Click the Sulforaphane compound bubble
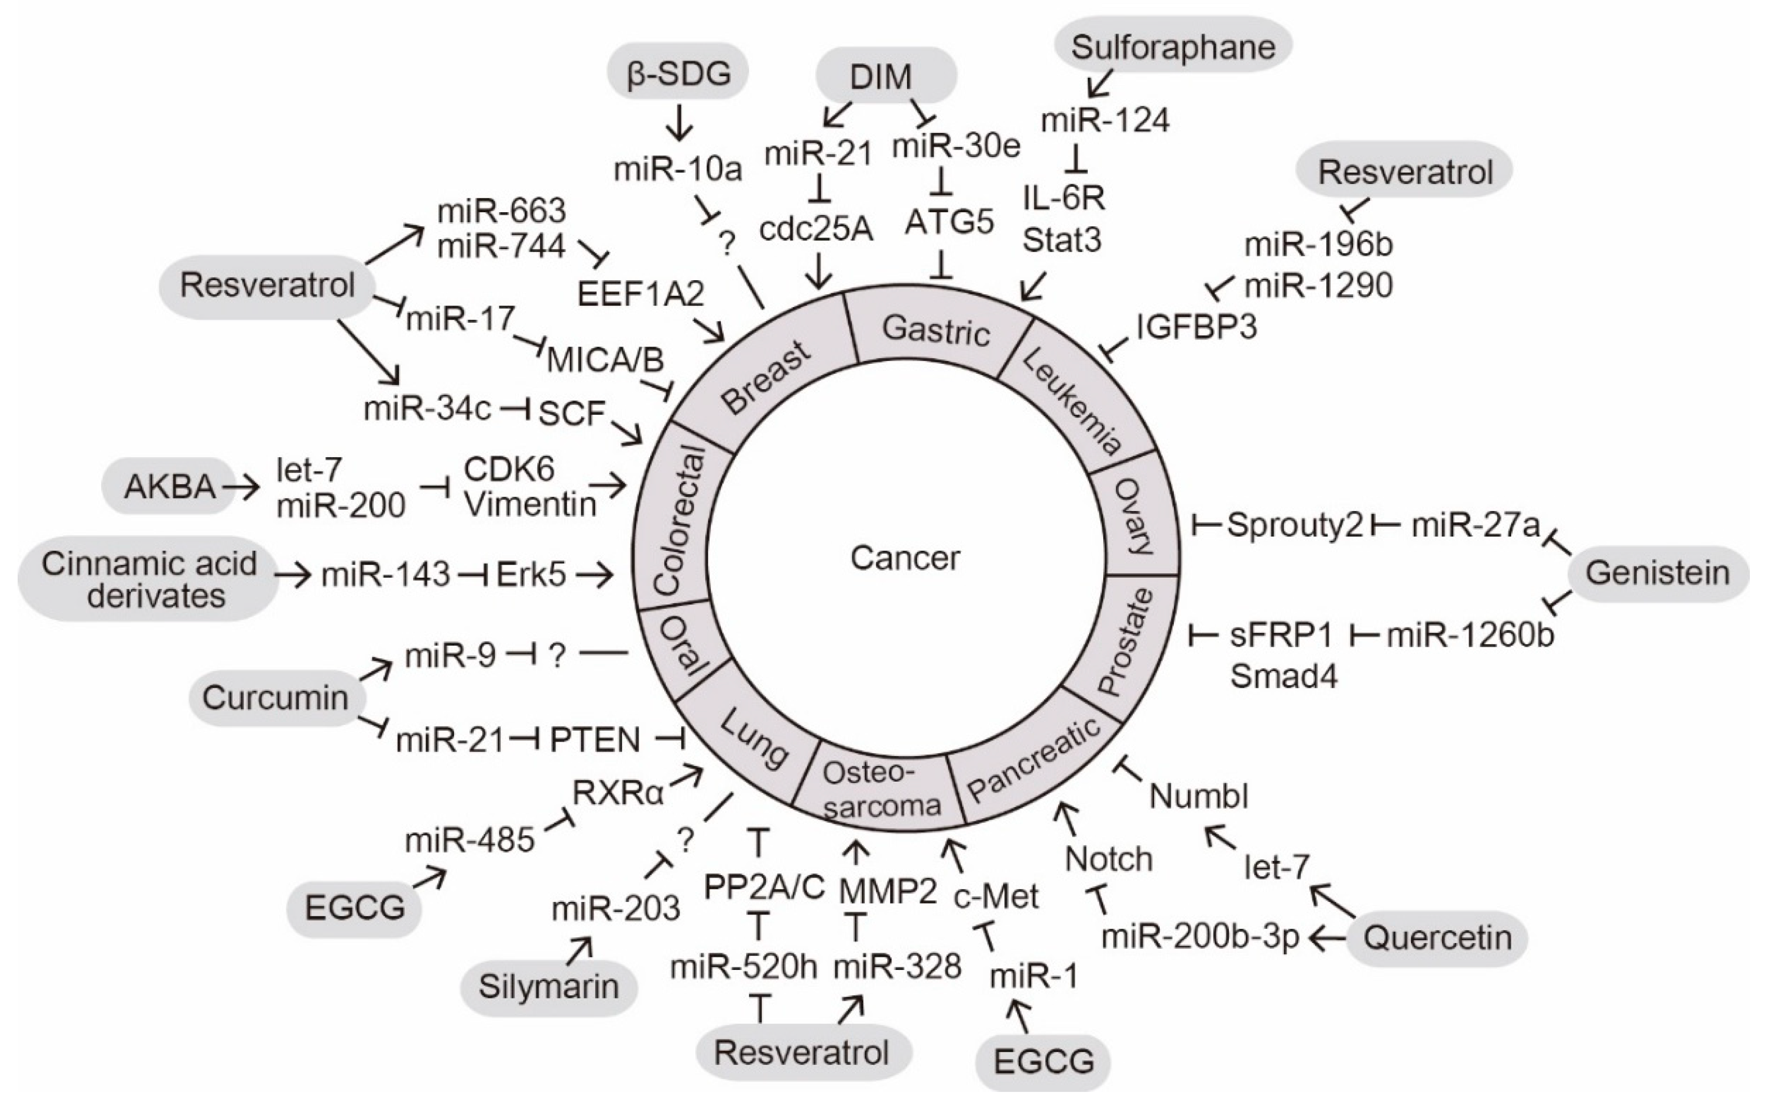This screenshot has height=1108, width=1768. coord(1172,47)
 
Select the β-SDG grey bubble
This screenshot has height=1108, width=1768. coord(678,73)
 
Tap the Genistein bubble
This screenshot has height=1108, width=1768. coord(1657,573)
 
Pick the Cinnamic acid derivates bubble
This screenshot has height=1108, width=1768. coord(149,580)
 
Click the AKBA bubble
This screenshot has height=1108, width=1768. coord(169,486)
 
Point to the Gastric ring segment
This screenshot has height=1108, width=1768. coord(936,329)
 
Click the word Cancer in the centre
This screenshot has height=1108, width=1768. coord(905,558)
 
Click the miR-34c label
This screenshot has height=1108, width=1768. coord(427,409)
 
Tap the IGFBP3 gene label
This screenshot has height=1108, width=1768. coord(1197,326)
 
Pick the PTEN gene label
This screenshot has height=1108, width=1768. coord(595,740)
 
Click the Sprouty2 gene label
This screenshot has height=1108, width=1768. coord(1295,525)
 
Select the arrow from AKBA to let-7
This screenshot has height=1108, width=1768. coord(241,486)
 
